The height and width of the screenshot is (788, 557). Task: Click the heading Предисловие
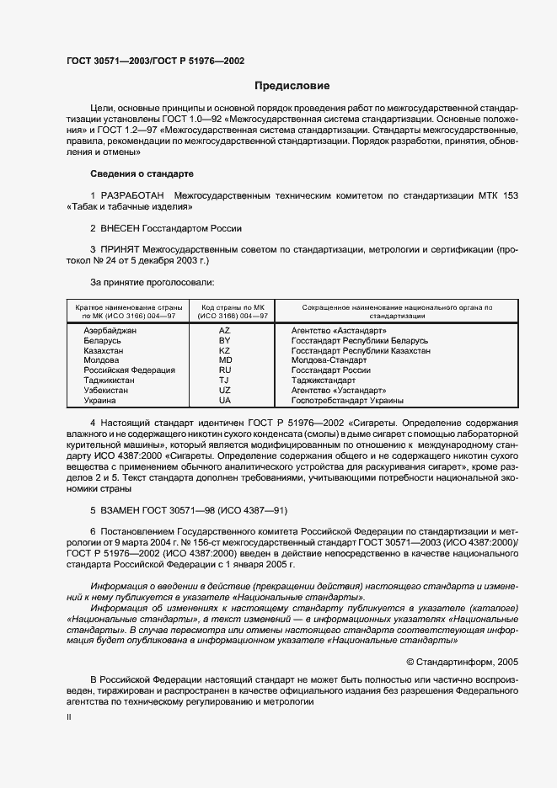click(292, 86)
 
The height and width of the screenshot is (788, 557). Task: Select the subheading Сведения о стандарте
click(142, 173)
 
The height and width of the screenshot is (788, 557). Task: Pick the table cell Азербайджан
click(110, 332)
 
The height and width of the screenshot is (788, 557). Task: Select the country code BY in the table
click(224, 341)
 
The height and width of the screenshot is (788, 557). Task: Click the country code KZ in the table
click(224, 350)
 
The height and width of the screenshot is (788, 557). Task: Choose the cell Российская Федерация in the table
click(129, 370)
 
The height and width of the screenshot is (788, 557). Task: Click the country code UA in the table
click(224, 401)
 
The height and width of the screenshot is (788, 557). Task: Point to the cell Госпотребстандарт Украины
click(347, 401)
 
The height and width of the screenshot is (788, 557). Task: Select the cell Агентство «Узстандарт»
click(338, 391)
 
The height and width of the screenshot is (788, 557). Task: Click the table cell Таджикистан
click(109, 381)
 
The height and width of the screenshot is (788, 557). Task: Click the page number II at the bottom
click(70, 717)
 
